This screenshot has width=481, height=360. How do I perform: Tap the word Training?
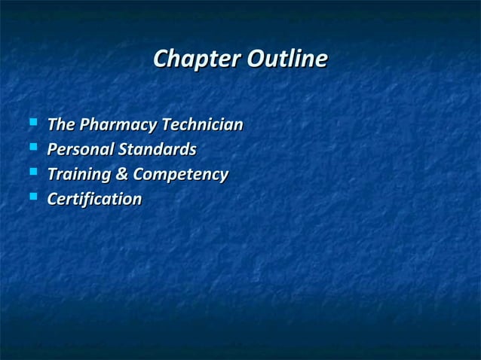coord(78,175)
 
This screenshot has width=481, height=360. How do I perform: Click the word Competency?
coord(180,175)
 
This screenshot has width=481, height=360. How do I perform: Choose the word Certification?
coord(94,200)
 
